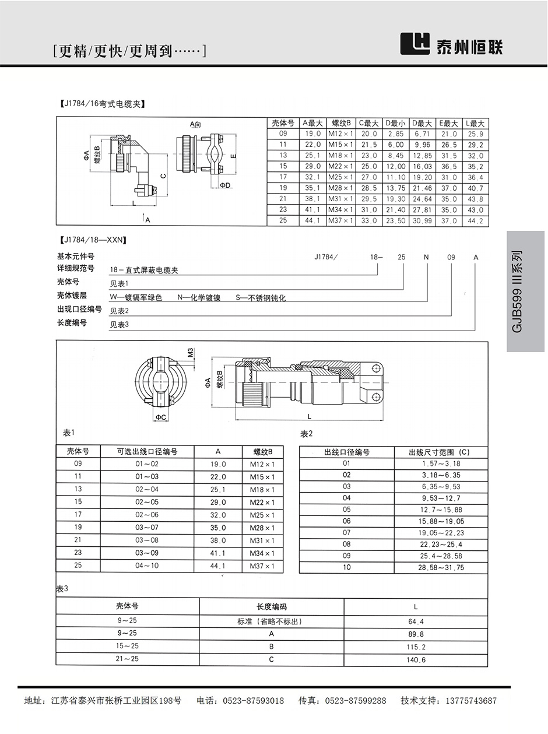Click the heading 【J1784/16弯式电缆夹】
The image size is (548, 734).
point(101,104)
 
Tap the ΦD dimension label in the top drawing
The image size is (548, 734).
point(225,185)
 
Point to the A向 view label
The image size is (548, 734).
point(195,125)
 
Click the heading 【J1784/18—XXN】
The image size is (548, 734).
point(93,239)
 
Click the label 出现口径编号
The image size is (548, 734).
point(79,309)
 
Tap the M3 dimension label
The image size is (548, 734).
point(190,353)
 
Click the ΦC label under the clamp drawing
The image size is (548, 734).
point(161,417)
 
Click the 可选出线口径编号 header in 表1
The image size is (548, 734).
point(147,451)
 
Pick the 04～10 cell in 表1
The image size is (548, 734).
point(147,566)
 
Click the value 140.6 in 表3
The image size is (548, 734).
point(416,660)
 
